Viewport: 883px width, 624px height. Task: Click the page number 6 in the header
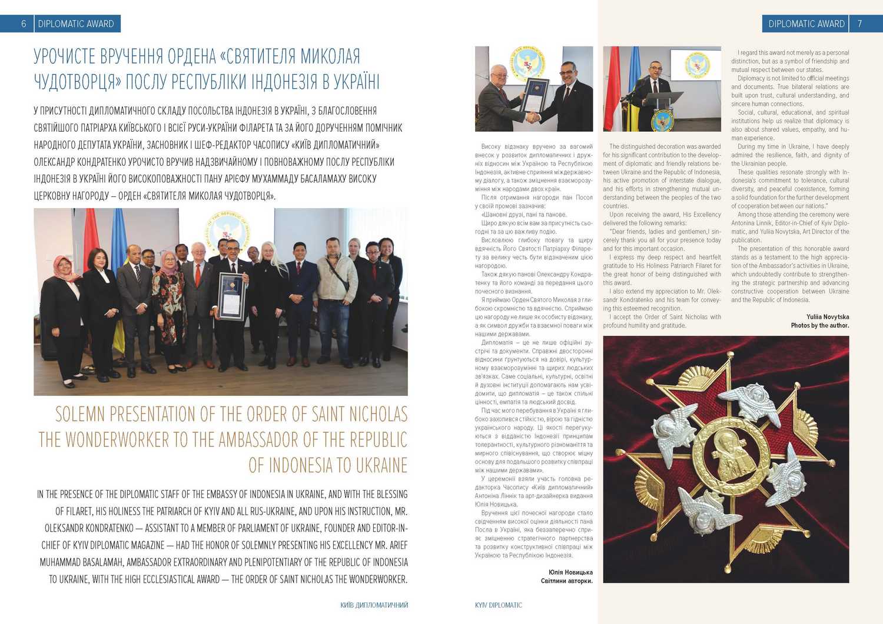click(24, 24)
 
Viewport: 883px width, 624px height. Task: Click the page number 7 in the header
click(860, 24)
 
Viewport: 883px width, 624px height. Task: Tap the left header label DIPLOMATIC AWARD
click(76, 24)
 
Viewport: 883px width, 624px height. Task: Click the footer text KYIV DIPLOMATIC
click(498, 605)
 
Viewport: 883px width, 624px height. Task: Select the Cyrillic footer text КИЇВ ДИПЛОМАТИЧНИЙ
click(374, 605)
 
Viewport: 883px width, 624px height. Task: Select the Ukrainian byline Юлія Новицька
click(570, 572)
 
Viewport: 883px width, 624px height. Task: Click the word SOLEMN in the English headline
click(81, 414)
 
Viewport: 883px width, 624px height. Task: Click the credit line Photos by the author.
click(819, 325)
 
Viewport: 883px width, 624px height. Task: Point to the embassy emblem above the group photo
click(228, 228)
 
